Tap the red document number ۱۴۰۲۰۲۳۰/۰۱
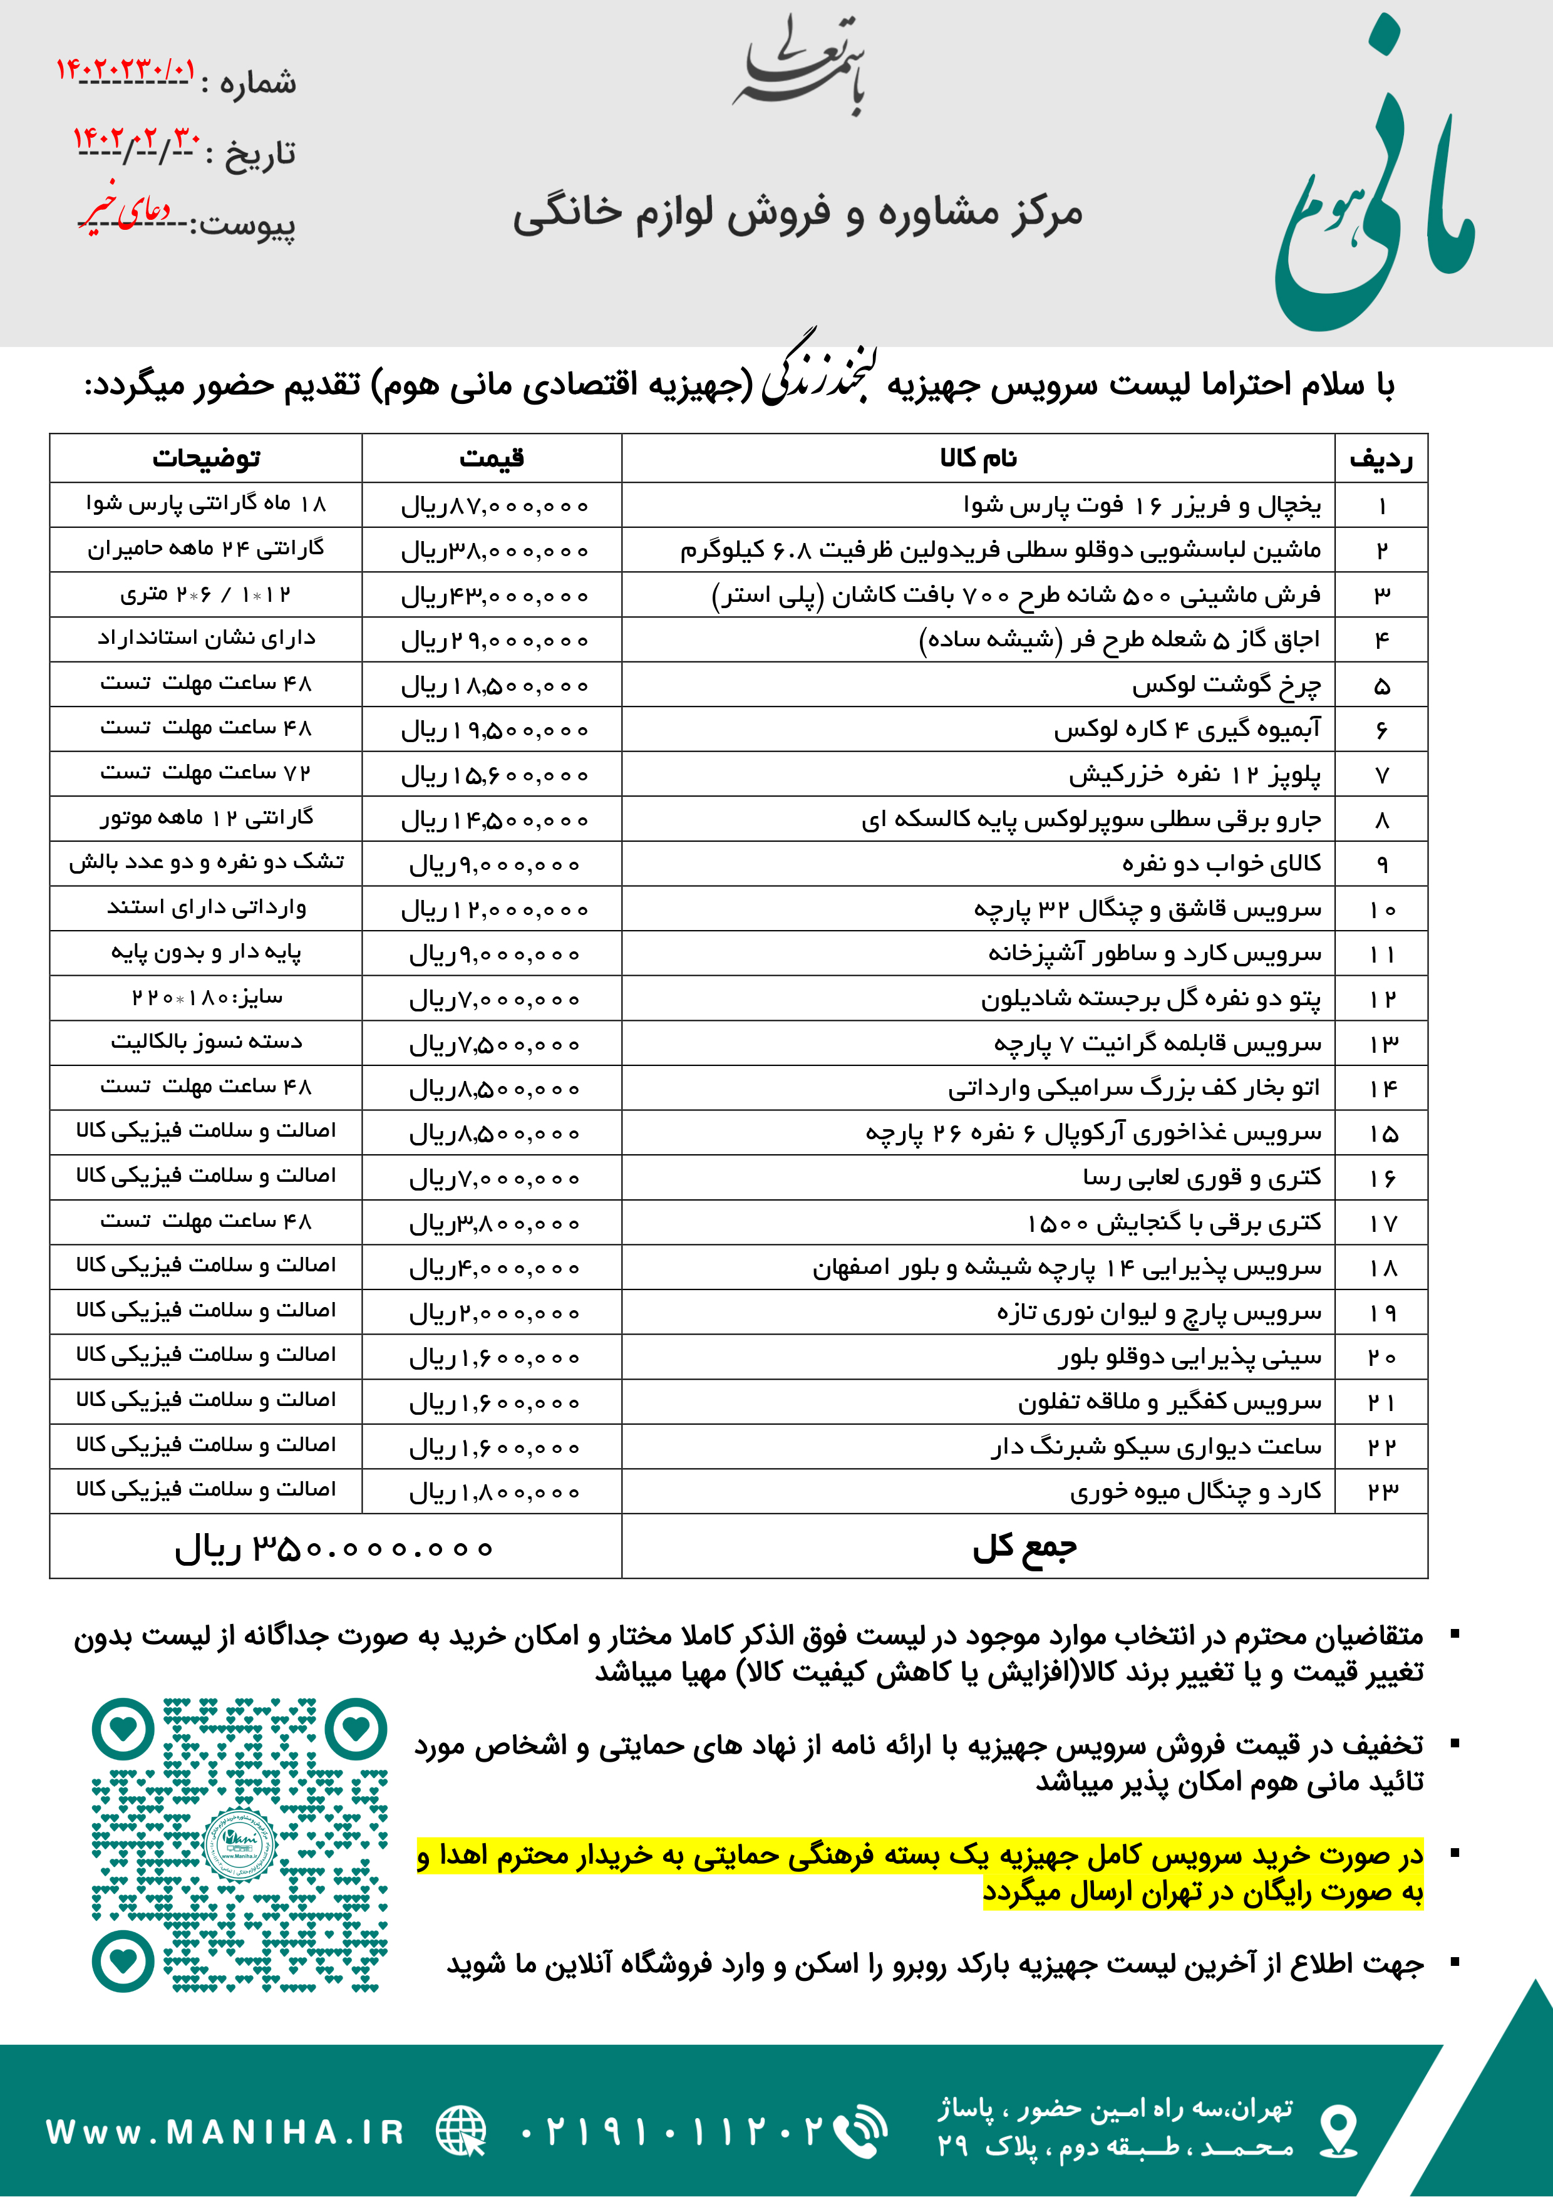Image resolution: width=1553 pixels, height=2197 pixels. point(125,70)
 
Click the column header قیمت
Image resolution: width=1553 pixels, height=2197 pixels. point(491,458)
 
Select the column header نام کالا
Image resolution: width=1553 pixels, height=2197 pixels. point(978,458)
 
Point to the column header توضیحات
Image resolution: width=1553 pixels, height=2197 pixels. point(206,458)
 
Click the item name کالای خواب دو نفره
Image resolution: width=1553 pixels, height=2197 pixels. point(1221,864)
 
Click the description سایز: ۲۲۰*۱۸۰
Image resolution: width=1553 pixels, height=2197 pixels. point(207,998)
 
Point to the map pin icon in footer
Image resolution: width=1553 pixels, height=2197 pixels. point(1338,2132)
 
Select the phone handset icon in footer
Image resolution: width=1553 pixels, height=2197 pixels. point(859,2132)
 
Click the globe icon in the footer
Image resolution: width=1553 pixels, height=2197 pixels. point(462,2132)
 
